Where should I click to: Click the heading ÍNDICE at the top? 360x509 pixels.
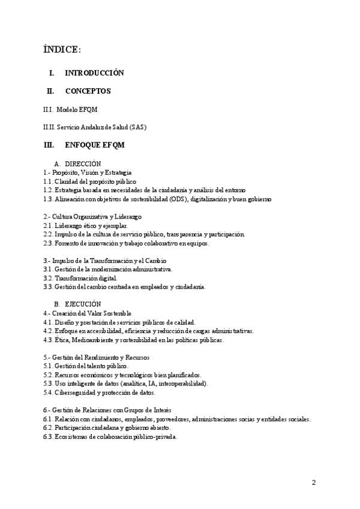pos(62,49)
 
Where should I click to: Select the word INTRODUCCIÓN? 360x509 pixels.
pos(94,73)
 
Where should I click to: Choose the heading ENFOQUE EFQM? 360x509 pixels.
pos(95,145)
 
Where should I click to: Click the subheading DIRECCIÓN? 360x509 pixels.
pos(83,163)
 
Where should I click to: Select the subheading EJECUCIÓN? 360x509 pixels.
pos(83,304)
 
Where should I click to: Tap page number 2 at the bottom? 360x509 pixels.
pos(313,483)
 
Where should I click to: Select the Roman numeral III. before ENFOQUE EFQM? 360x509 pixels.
pos(49,145)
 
